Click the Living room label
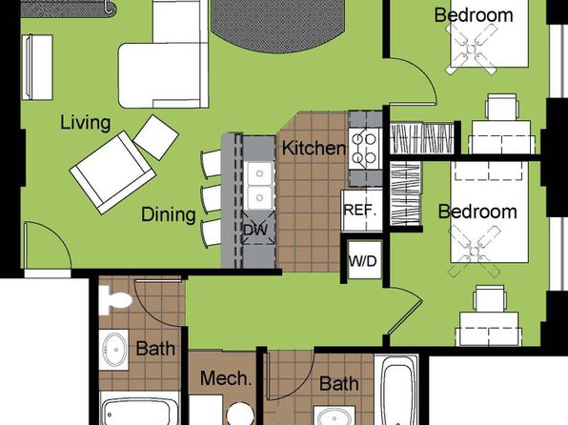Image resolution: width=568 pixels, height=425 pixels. (x=85, y=123)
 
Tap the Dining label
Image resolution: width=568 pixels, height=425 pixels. (x=169, y=214)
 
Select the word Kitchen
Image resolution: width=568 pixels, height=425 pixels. (x=314, y=149)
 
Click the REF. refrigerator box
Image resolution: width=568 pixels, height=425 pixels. (x=362, y=211)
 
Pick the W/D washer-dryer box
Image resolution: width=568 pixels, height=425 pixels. (x=364, y=260)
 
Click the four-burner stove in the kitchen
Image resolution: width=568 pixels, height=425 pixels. (x=364, y=149)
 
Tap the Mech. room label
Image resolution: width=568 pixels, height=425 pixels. (x=226, y=378)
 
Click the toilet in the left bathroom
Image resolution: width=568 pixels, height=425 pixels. (x=116, y=300)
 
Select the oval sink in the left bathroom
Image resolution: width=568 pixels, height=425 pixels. (x=114, y=350)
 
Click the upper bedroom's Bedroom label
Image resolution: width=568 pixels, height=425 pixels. (x=474, y=15)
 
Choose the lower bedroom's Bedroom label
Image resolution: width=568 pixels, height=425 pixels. (x=477, y=212)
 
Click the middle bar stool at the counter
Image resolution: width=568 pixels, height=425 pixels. (x=211, y=199)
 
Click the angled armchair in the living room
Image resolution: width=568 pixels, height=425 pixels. (x=112, y=172)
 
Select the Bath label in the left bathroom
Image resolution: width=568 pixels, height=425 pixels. (x=155, y=349)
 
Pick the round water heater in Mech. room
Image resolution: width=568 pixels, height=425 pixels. (x=241, y=414)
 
